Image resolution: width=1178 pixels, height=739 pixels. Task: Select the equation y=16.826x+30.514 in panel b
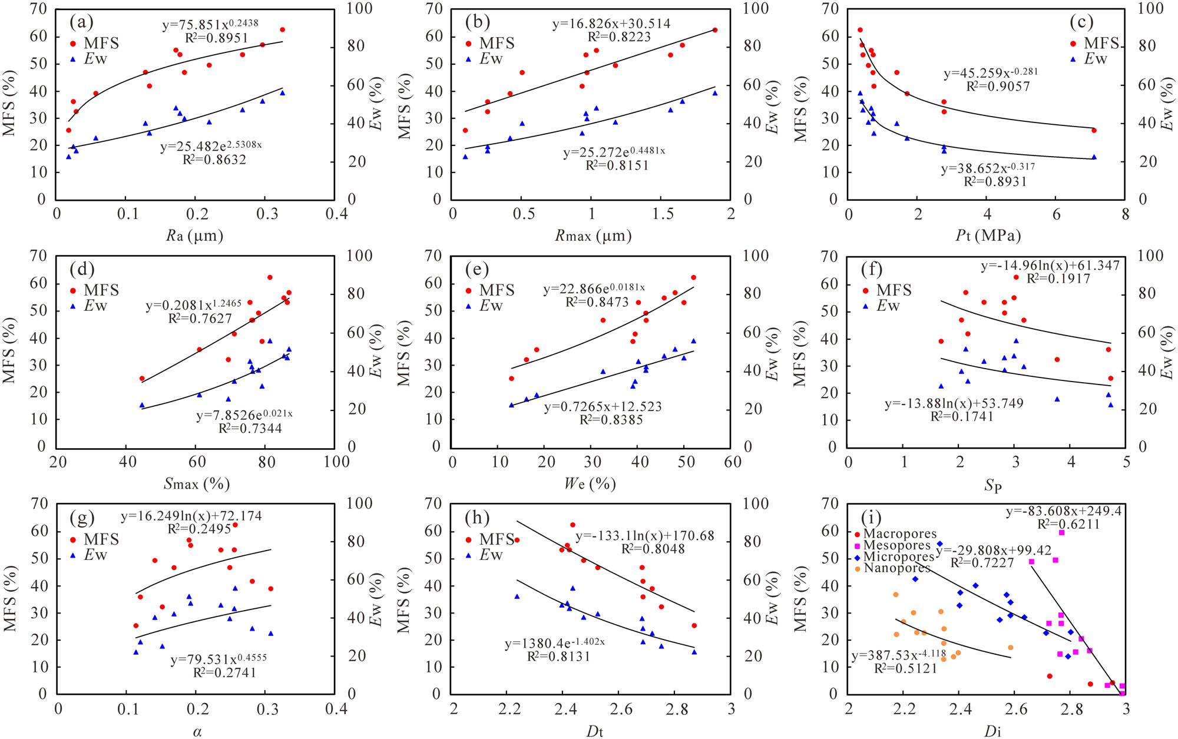pos(611,24)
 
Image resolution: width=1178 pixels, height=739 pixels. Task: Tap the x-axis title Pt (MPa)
pos(988,236)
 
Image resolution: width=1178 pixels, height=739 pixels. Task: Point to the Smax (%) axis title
pos(196,484)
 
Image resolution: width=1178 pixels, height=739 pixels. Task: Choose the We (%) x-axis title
pos(590,484)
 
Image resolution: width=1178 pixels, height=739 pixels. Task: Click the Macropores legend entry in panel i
pos(899,533)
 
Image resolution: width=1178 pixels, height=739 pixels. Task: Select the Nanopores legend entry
pos(896,568)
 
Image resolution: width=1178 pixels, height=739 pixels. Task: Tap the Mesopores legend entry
pos(896,545)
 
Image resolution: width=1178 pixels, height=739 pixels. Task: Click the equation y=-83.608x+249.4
pos(1063,511)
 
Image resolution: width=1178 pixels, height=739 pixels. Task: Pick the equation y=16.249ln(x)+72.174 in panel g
pos(191,516)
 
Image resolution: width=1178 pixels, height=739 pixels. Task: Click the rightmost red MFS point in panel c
pos(1094,130)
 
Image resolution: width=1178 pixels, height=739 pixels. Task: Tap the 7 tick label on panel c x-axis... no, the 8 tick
pos(1125,214)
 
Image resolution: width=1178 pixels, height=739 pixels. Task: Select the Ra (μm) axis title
pos(194,236)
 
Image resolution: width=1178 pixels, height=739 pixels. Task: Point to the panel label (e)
pos(477,270)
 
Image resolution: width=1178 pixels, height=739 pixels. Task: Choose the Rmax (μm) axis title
pos(593,236)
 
